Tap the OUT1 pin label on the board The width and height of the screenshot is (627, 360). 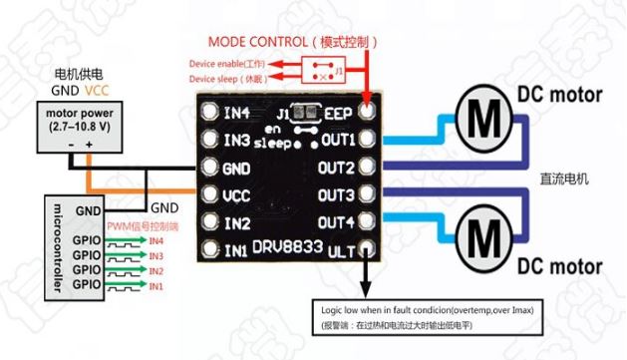click(338, 139)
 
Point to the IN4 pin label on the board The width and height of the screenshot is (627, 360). click(236, 112)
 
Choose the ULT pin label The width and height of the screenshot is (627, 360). click(341, 249)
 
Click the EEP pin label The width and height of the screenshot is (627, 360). click(339, 112)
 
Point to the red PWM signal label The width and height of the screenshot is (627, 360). click(141, 226)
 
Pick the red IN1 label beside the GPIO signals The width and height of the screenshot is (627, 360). click(156, 286)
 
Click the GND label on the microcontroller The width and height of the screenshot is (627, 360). click(88, 210)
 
